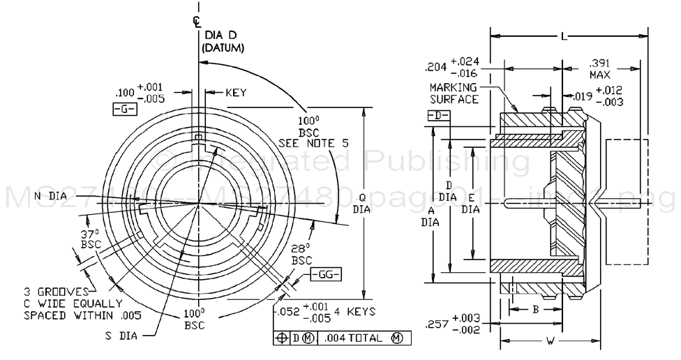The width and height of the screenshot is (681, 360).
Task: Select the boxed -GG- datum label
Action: (324, 273)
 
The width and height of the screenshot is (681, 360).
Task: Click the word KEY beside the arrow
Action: (236, 92)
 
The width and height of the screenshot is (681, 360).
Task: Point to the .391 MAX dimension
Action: (601, 67)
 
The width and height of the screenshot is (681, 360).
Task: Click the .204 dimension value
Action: (437, 68)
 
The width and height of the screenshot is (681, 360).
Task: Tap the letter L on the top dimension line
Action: (563, 34)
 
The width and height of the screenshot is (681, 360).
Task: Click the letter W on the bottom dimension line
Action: (550, 341)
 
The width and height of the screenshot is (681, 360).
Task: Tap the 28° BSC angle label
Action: (301, 254)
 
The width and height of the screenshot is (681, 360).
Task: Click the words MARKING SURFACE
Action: (454, 93)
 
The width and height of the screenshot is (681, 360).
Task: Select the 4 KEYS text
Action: (355, 311)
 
